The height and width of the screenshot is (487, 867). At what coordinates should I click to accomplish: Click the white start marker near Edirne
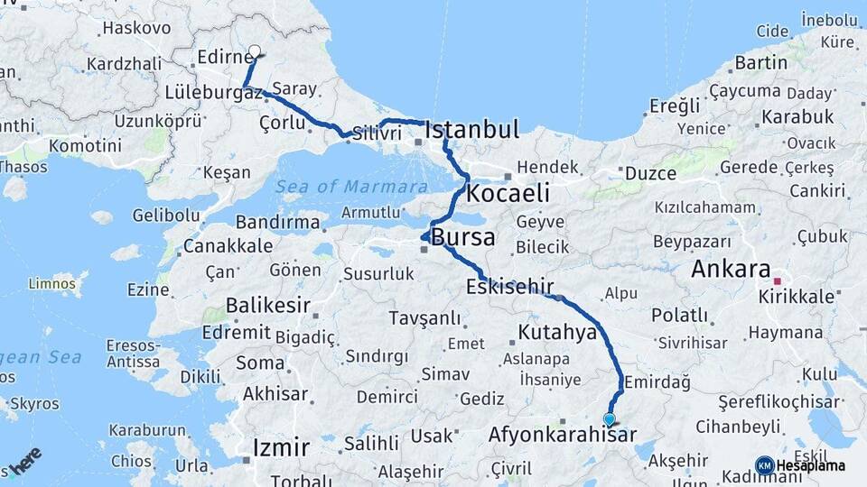pos(255,52)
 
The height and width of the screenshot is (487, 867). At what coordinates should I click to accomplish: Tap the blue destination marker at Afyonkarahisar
pos(610,419)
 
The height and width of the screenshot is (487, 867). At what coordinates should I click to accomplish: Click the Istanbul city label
pos(472,130)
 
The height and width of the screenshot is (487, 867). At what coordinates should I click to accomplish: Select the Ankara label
pos(731,269)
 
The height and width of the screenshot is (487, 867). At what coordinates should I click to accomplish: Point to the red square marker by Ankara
pos(776,280)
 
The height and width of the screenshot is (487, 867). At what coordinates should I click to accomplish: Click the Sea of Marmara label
pos(351,187)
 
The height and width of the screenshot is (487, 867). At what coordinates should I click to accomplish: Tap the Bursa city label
pos(463,238)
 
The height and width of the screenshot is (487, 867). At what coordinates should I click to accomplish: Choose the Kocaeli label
pos(508,193)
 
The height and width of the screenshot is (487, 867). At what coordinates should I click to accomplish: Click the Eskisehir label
pos(510,288)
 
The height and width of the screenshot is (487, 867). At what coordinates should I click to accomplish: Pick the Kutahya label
pos(557,332)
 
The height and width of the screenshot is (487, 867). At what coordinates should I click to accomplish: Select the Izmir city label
pos(282,447)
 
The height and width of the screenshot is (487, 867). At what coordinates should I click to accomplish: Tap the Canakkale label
pos(228,245)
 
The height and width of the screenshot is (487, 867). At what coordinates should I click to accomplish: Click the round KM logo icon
pos(764,465)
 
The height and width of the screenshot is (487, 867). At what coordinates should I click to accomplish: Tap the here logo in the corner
pos(24,461)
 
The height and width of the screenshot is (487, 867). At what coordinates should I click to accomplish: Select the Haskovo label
pos(136,28)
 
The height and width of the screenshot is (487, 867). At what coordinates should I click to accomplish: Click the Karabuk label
pos(797,116)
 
